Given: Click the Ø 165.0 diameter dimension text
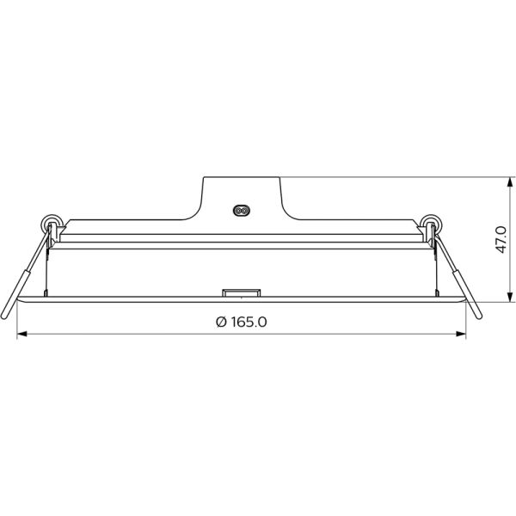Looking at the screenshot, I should (x=243, y=322).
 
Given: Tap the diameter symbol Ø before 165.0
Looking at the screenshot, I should (x=221, y=322).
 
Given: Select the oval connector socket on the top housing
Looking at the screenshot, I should (x=242, y=209).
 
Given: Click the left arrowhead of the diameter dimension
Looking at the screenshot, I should (x=22, y=335).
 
